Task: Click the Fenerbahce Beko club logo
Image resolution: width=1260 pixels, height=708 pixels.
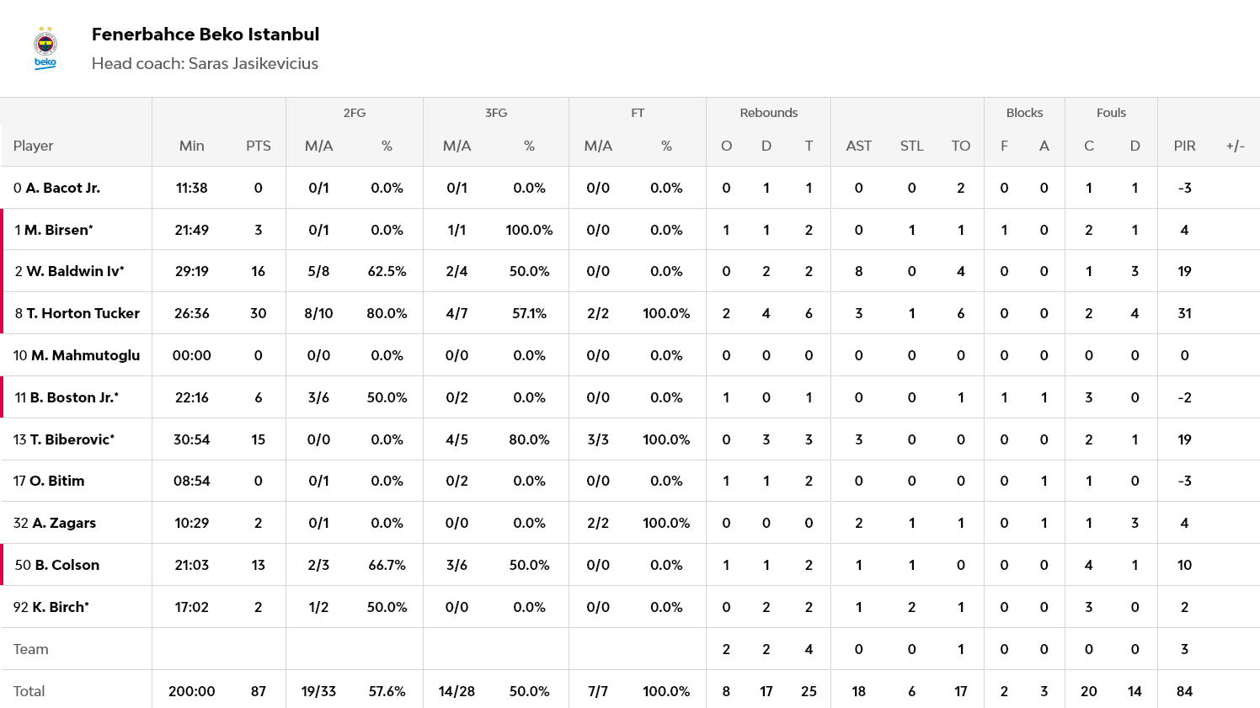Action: (45, 48)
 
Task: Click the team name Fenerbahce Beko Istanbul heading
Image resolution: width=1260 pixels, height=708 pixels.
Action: (206, 35)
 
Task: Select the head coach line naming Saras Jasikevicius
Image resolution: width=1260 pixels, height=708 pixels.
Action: (205, 64)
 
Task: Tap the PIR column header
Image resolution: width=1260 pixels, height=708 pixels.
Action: (1184, 146)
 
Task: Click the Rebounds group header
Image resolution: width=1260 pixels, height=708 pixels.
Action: (768, 113)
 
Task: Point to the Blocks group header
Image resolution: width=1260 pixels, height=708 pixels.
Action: (1024, 113)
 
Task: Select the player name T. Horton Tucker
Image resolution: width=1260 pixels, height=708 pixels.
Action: (83, 313)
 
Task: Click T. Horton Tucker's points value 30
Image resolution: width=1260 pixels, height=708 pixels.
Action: (258, 313)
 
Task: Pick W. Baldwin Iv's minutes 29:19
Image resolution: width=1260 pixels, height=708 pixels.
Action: (192, 271)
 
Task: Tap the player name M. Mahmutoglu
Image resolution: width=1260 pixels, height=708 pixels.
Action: (85, 355)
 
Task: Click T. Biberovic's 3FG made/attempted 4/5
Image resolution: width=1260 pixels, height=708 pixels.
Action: (456, 439)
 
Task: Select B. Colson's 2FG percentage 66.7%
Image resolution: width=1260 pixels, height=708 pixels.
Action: (387, 565)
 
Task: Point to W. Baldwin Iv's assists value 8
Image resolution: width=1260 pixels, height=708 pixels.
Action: (858, 271)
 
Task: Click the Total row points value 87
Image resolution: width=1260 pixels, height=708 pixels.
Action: (258, 691)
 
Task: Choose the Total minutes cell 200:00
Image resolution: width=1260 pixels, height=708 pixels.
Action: (192, 691)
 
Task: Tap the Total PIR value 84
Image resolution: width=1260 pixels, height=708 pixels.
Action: (1184, 691)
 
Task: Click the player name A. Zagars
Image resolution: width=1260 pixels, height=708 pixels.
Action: (63, 523)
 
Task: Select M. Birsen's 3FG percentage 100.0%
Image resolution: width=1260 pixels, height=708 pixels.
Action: (529, 230)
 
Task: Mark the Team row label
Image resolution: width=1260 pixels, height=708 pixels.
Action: (31, 649)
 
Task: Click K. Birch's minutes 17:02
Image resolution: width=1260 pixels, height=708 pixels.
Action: (192, 607)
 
